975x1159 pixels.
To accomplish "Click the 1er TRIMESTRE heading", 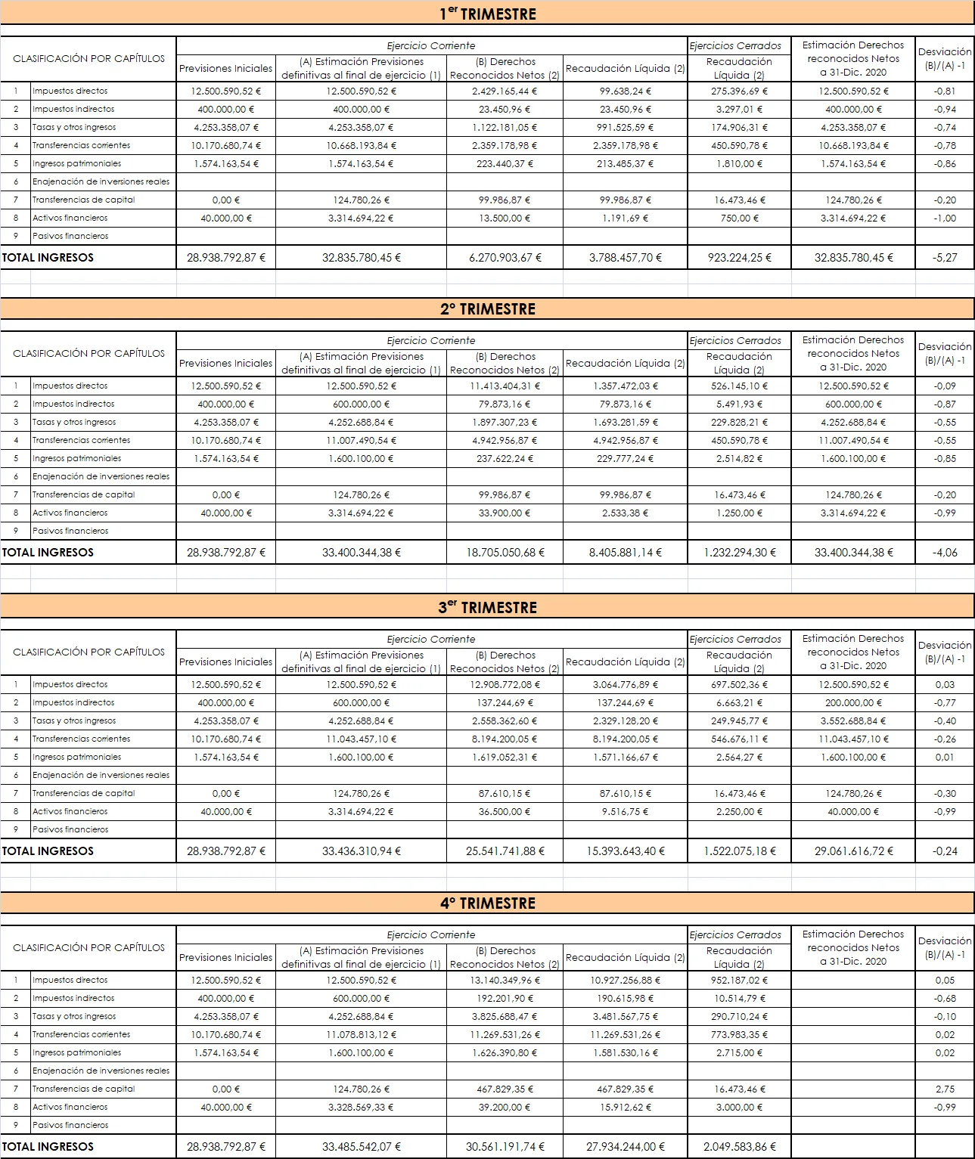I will tap(488, 14).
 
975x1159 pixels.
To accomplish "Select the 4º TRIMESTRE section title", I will tap(488, 903).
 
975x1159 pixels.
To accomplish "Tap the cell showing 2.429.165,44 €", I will tap(505, 91).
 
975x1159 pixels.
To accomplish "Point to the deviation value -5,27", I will tap(945, 257).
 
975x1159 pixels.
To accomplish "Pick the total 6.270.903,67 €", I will tap(505, 257).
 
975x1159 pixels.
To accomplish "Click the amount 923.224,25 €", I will tap(739, 257).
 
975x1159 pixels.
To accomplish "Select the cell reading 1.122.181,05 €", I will tap(505, 127).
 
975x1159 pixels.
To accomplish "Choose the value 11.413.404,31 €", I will tap(505, 386).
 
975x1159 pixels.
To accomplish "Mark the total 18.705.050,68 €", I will tap(505, 552).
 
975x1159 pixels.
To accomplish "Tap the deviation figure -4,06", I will tap(945, 552).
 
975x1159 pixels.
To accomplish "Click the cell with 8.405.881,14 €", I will tap(625, 552).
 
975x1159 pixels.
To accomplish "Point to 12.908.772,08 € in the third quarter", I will tap(505, 684).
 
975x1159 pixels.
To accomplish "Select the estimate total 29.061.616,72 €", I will tap(853, 851).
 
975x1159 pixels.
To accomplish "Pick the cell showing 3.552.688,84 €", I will tap(853, 721).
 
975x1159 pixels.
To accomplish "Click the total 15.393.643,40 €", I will tap(625, 851).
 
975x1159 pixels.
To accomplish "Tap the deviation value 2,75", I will tap(945, 1089).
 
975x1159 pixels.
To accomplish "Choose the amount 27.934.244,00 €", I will tap(625, 1146).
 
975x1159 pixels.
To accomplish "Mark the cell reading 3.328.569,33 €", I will tap(362, 1107).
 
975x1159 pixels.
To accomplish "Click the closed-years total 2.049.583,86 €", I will tap(739, 1146).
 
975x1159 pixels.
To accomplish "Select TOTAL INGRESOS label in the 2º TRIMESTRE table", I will tap(48, 552).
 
